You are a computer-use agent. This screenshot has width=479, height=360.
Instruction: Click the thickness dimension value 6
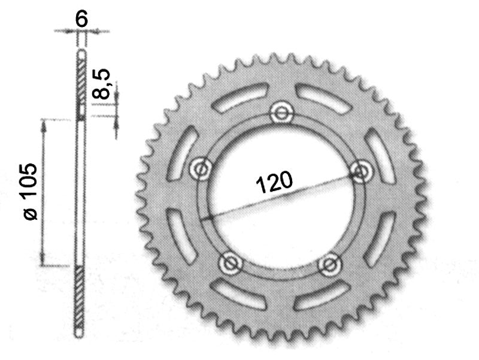click(x=82, y=19)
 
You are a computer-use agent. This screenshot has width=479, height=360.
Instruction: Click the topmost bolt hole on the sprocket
click(x=280, y=111)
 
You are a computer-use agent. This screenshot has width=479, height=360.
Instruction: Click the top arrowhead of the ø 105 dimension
click(x=44, y=121)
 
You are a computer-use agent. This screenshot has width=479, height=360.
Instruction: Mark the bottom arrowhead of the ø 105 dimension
click(x=44, y=263)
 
